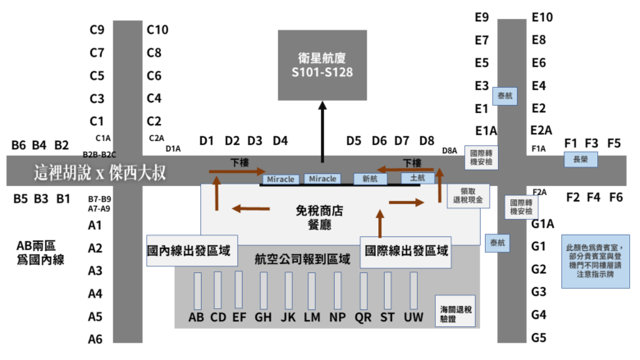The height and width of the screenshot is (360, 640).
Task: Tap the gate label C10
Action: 158,30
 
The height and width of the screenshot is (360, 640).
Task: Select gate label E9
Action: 482,17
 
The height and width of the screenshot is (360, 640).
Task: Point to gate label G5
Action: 539,337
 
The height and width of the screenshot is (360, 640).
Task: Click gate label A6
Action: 95,339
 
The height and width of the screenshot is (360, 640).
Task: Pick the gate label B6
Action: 19,146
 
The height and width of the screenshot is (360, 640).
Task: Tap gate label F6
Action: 616,197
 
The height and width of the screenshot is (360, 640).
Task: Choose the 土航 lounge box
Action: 417,177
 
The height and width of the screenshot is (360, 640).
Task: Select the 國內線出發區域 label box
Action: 190,252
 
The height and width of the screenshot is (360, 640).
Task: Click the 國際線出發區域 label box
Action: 406,252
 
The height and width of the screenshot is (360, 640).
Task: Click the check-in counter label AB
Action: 196,317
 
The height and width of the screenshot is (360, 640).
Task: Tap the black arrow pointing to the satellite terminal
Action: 322,131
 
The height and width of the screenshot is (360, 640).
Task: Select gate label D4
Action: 281,140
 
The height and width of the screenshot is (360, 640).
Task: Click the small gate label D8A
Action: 450,150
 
